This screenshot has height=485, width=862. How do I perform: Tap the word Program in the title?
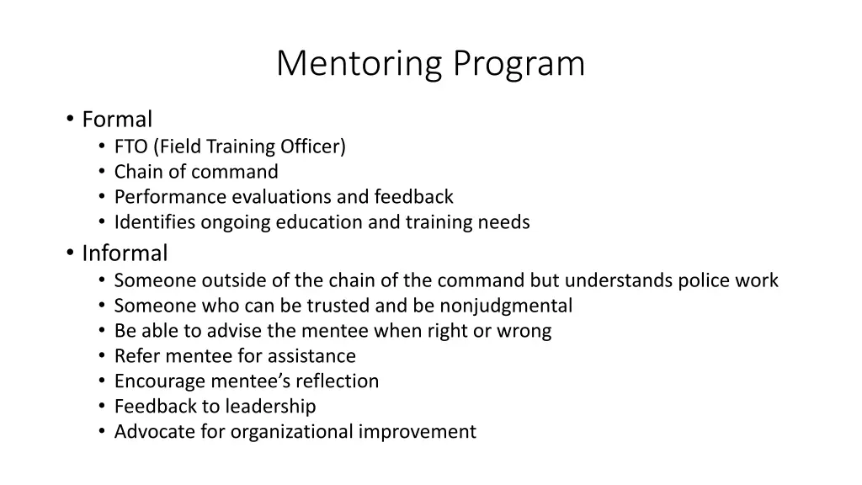pyautogui.click(x=518, y=65)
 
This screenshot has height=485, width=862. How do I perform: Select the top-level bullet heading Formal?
pyautogui.click(x=117, y=120)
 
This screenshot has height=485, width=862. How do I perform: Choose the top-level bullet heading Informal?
pyautogui.click(x=125, y=253)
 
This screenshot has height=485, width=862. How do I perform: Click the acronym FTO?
pyautogui.click(x=130, y=147)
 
